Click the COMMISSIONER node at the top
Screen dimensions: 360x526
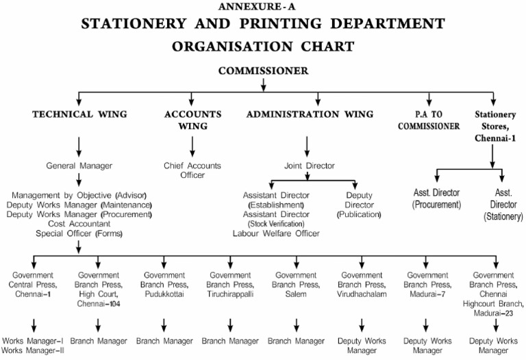(263, 70)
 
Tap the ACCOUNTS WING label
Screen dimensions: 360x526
(192, 120)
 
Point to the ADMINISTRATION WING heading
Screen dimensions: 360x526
(310, 114)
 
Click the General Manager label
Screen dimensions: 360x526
(79, 166)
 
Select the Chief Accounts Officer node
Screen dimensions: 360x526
(193, 170)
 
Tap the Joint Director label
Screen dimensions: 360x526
(310, 166)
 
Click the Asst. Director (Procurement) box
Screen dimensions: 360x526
(436, 199)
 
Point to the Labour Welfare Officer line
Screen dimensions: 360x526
(276, 233)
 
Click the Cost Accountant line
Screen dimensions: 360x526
(79, 224)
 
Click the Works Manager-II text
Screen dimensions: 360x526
(33, 350)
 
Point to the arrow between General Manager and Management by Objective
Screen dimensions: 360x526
(79, 181)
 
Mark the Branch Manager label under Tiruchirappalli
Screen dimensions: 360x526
(230, 341)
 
